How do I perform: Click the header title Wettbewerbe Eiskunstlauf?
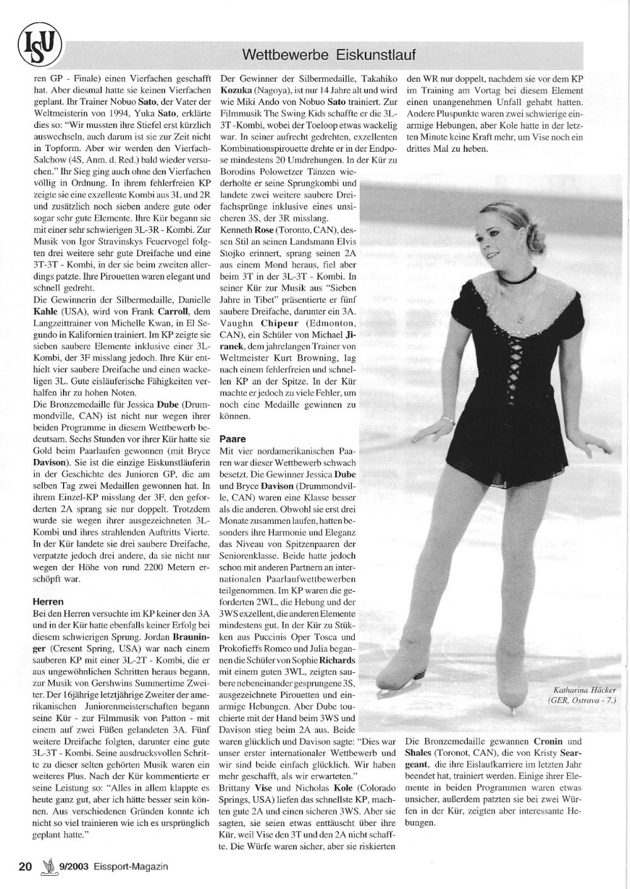click(x=329, y=55)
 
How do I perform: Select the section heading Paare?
click(x=232, y=438)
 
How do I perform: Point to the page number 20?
click(x=25, y=866)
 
